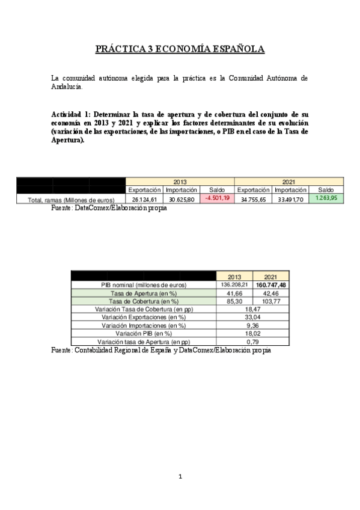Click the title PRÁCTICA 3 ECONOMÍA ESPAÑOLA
[180, 50]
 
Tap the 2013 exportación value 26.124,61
[144, 199]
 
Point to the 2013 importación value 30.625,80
[181, 199]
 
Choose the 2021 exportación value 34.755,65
[252, 199]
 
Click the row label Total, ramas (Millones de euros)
[72, 200]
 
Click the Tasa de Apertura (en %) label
[144, 292]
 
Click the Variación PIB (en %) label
[144, 333]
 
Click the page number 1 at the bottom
[180, 477]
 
